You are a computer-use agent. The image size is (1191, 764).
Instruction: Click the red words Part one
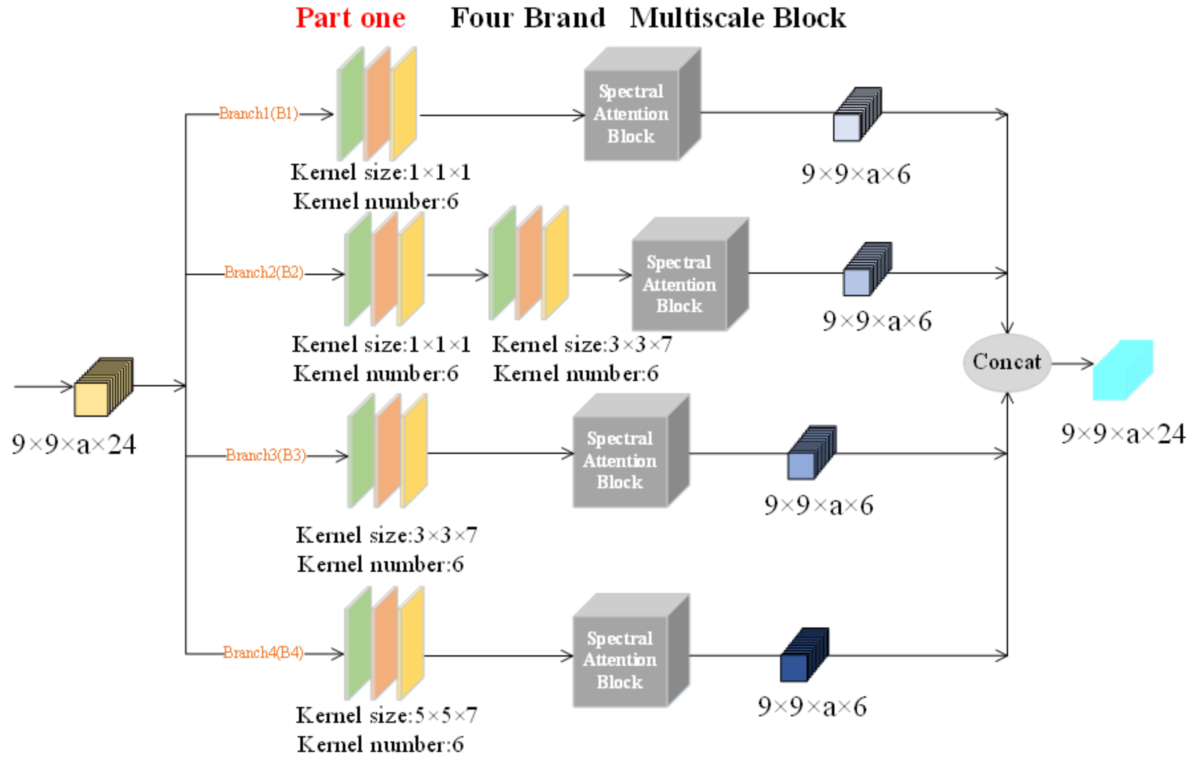pos(350,18)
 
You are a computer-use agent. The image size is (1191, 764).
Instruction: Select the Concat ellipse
pos(1006,362)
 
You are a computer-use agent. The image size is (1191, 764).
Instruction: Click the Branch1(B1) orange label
pos(259,114)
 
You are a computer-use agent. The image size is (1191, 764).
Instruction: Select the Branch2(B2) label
pos(264,272)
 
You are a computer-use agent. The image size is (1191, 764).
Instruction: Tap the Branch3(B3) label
pos(266,455)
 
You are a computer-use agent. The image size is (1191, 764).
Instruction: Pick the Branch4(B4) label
pos(263,652)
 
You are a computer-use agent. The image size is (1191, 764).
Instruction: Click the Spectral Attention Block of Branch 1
pos(631,114)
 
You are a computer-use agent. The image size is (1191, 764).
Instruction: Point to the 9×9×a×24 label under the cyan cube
pos(1122,434)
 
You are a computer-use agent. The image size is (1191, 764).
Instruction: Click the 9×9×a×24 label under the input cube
pos(73,444)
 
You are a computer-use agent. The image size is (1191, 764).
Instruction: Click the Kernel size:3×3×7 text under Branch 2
pos(582,344)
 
